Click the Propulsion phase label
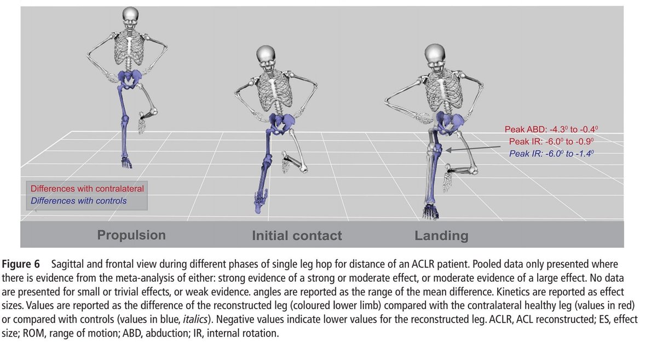[x=131, y=235]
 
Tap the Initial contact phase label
[x=297, y=236]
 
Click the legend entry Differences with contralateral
[x=87, y=189]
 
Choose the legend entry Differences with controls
[x=78, y=201]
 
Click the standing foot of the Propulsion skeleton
[x=127, y=162]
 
